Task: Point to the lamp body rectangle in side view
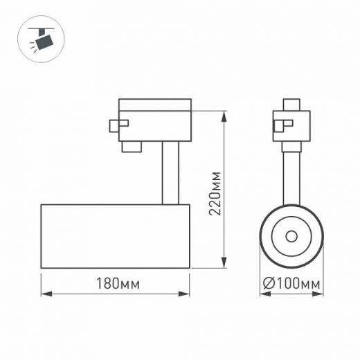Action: tap(116, 236)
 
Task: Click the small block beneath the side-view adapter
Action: tap(131, 147)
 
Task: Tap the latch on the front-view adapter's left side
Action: tap(277, 126)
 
